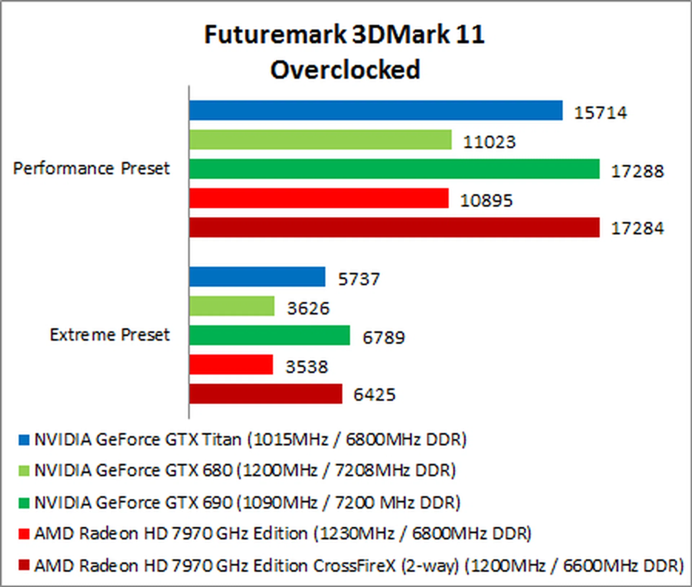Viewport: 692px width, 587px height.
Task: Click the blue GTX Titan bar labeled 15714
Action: [376, 110]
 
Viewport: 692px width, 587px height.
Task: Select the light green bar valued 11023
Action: [320, 139]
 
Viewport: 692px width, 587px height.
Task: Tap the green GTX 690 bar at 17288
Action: [394, 169]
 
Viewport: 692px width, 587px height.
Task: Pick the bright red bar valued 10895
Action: [319, 198]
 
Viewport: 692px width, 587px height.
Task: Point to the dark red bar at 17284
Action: [394, 227]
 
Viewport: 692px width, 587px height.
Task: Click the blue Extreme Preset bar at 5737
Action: [257, 277]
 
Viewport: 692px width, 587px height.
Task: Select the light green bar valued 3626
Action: [231, 306]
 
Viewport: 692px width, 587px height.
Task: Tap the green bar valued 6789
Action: [269, 335]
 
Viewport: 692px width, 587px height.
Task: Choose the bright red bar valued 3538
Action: [231, 365]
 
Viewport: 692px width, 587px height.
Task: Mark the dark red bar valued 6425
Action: [265, 394]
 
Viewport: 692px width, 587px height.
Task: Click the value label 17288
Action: [637, 171]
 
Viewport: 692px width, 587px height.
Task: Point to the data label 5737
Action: [359, 279]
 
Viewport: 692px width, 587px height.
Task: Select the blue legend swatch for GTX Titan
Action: [24, 440]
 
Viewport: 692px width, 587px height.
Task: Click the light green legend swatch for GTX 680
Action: [24, 471]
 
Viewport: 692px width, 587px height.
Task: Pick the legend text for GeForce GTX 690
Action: [247, 503]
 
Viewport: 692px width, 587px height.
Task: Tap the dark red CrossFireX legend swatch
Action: [24, 565]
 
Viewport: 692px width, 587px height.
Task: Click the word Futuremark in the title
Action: [275, 35]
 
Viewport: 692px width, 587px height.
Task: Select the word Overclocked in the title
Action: [345, 70]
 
